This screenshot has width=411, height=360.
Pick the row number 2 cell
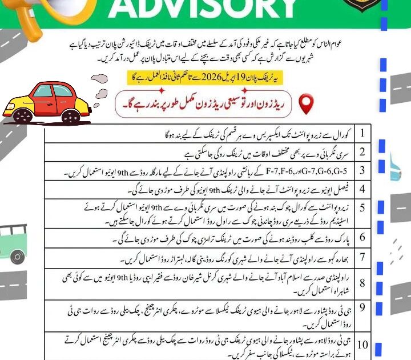click(x=362, y=153)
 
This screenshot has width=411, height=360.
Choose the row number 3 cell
click(x=362, y=170)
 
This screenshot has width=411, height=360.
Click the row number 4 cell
click(x=362, y=189)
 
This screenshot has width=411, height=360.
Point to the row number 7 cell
click(x=362, y=257)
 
